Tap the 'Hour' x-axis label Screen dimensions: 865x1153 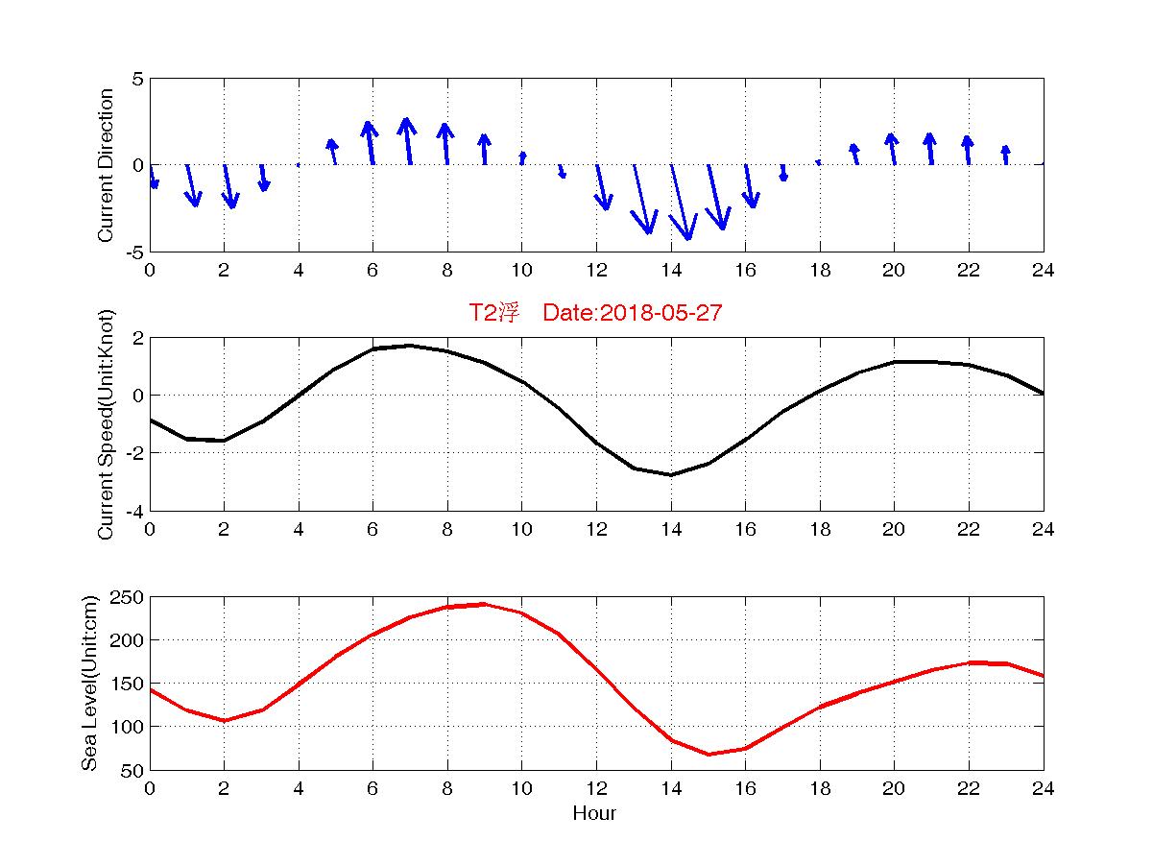coord(594,814)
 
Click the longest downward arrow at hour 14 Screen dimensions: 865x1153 coord(680,202)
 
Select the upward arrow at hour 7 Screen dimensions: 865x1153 coord(408,141)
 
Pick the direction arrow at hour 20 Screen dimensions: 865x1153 coord(893,149)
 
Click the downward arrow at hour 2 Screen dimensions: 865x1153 coord(228,185)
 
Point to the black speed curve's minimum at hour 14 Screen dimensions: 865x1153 coord(671,474)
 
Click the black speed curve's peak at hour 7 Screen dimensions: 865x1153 coord(410,346)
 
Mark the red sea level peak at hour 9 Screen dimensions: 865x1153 coord(484,604)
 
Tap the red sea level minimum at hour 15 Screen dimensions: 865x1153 coord(708,754)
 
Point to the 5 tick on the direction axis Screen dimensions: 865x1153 coord(138,79)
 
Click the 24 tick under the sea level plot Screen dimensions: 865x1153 coord(1044,788)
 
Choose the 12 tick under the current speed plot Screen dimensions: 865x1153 coord(596,529)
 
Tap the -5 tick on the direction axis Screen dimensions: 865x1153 coord(134,252)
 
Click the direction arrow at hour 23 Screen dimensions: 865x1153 coord(1005,155)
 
